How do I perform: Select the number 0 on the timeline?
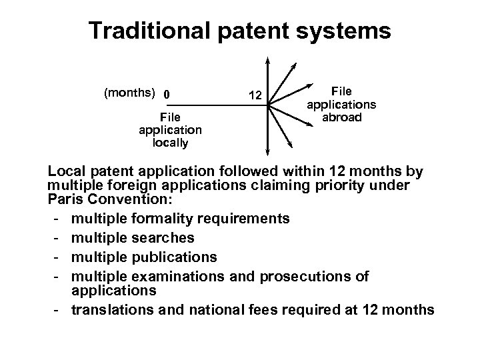167,93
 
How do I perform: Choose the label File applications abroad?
341,104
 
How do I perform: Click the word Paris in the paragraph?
65,199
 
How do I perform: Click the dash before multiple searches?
59,237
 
